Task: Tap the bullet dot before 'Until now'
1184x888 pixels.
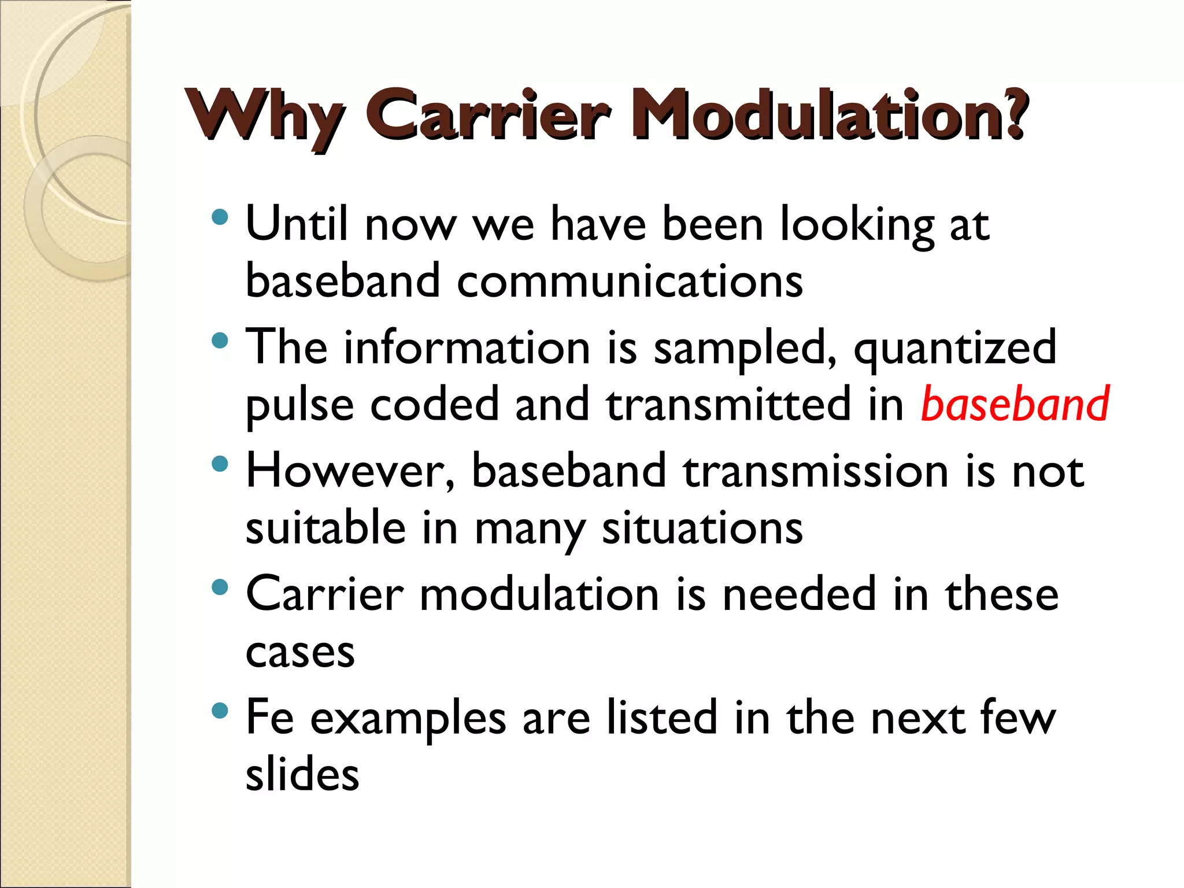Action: tap(220, 217)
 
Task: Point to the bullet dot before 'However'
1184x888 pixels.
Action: tap(220, 464)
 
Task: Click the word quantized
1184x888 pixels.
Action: tap(955, 348)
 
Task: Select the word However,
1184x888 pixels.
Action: tap(350, 471)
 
